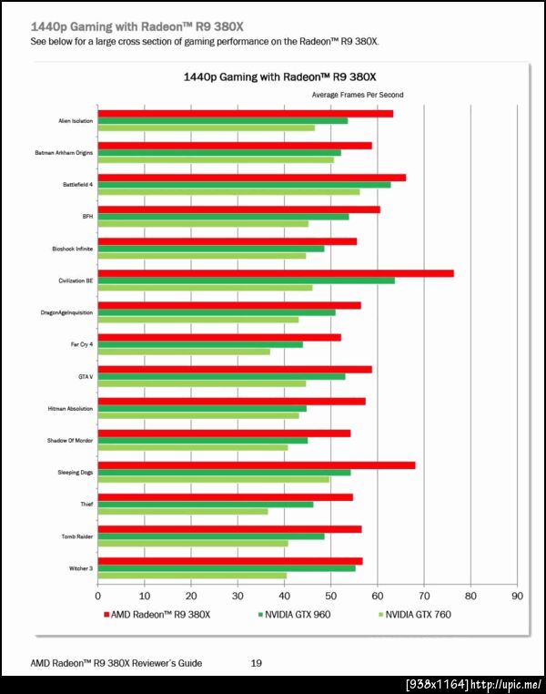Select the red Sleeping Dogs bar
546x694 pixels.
coord(256,465)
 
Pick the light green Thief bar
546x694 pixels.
coord(183,511)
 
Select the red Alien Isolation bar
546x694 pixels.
coord(245,113)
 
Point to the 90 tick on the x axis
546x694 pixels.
coord(517,597)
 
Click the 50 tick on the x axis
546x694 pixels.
coord(330,597)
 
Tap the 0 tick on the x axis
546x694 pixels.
coord(98,597)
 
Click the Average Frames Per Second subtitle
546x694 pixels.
coord(358,95)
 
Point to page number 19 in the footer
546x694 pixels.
coord(257,664)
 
